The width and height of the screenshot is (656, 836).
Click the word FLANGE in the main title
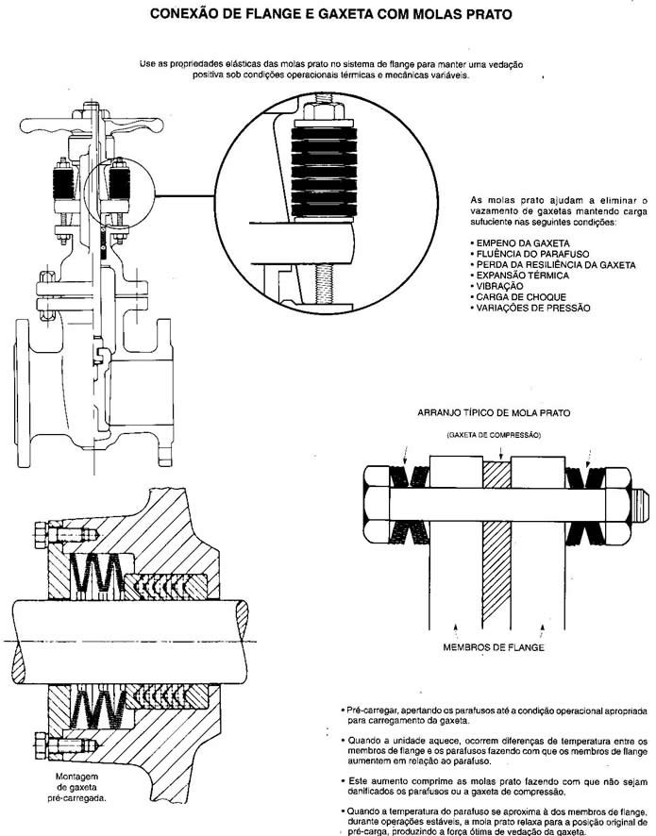click(285, 15)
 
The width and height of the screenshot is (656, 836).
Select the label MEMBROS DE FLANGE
click(493, 648)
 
